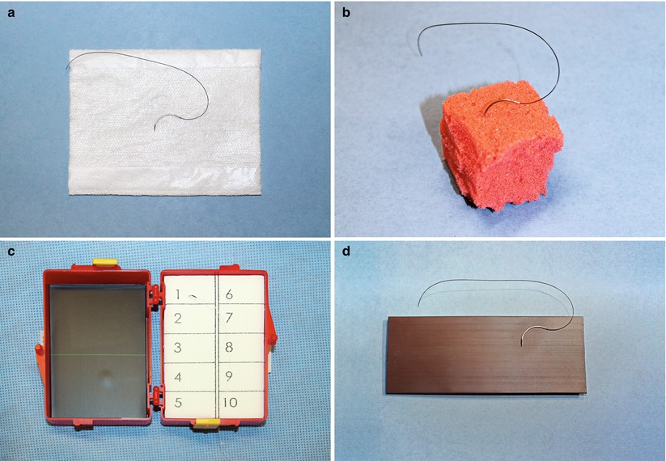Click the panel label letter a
(x=11, y=13)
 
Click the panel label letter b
(x=346, y=13)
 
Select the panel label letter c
(x=11, y=252)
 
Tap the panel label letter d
(x=346, y=252)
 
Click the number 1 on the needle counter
(x=178, y=294)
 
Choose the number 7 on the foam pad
(x=229, y=318)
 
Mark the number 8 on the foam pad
(x=229, y=347)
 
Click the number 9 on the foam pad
(x=229, y=376)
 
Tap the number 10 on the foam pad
(x=230, y=402)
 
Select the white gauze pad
(x=165, y=122)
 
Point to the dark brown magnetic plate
(x=486, y=355)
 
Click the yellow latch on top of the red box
(x=104, y=263)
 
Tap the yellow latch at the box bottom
(x=208, y=423)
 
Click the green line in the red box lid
(x=98, y=354)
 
